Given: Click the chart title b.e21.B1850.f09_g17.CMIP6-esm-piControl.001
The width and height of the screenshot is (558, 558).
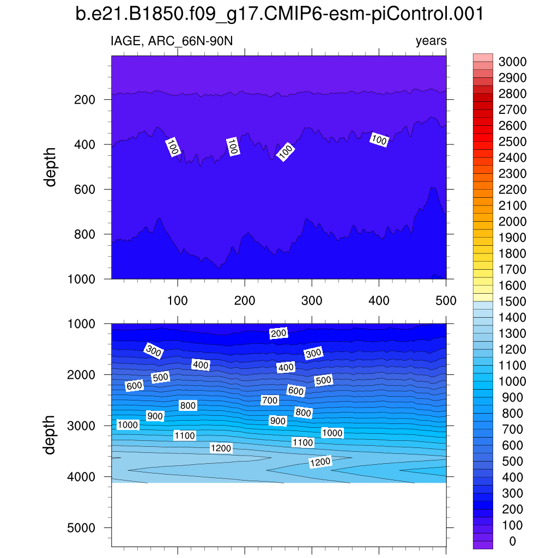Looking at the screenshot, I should point(279,14).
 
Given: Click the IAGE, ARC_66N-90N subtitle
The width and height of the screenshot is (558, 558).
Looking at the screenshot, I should point(173,41).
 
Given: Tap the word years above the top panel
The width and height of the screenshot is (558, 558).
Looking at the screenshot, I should point(430,41).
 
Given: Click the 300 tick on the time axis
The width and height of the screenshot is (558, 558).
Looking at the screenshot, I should point(312,300).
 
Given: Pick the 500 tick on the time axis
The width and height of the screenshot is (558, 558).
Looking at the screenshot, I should point(446,300).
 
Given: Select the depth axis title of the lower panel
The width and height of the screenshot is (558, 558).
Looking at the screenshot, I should point(51,434).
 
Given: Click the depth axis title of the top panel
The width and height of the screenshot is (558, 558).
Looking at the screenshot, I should point(51,167).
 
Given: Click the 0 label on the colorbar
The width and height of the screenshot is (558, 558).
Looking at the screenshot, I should point(512,541).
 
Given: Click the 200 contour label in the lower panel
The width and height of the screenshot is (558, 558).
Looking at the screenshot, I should point(278,333).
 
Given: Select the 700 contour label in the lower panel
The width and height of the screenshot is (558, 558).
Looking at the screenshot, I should point(269,401).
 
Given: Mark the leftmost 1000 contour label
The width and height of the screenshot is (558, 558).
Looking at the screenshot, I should point(128,425).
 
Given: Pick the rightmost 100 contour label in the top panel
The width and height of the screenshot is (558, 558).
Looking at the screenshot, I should point(378,139).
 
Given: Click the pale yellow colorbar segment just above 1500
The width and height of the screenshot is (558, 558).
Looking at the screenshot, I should point(483,297).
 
